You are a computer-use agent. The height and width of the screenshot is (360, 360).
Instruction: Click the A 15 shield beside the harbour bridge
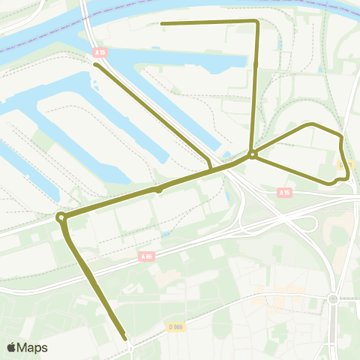(x=100, y=52)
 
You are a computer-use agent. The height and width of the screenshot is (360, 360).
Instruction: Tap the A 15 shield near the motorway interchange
(x=284, y=193)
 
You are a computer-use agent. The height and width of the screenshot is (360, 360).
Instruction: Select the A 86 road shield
(x=146, y=256)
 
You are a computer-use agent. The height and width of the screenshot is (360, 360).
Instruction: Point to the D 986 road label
(x=175, y=326)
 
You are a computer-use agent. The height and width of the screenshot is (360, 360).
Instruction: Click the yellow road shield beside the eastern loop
(x=345, y=164)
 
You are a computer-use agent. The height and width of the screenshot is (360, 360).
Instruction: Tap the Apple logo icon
(x=12, y=347)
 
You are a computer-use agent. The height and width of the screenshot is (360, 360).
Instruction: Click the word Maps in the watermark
(x=33, y=347)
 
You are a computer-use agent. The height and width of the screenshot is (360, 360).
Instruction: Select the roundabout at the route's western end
(x=61, y=217)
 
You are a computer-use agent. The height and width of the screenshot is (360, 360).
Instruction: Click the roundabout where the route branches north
(x=253, y=155)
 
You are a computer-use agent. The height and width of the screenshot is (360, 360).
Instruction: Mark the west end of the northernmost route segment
(x=163, y=23)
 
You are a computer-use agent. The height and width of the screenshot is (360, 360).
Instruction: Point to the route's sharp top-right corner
(x=257, y=22)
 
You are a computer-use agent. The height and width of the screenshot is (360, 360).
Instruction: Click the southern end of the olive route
(x=124, y=339)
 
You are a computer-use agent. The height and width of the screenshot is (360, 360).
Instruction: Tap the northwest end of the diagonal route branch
(x=96, y=64)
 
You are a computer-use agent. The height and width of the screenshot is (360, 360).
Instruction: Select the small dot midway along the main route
(x=159, y=190)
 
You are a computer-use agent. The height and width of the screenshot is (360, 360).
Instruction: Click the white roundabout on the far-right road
(x=332, y=298)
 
